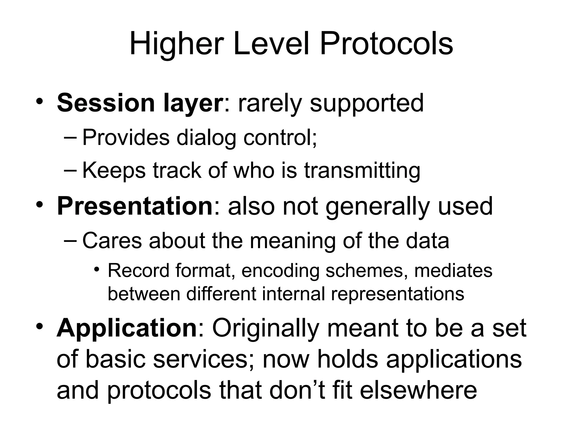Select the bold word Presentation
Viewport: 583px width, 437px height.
click(x=135, y=206)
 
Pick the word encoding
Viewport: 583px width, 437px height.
click(x=280, y=271)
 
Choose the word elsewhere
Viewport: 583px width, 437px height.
click(x=418, y=390)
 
